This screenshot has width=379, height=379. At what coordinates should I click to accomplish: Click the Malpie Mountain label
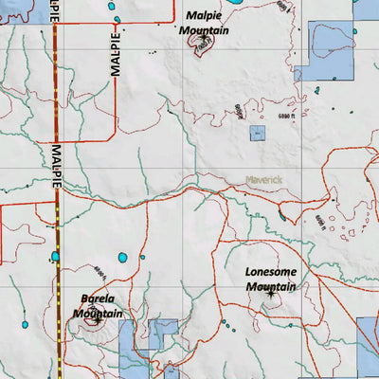coord(206,23)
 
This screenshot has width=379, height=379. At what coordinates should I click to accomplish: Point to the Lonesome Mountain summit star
coord(270,295)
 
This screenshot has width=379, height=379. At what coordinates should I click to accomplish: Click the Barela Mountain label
coord(99,305)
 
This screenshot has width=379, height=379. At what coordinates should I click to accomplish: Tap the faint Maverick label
coord(265,178)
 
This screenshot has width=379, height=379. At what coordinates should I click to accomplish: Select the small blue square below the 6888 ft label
coord(257,134)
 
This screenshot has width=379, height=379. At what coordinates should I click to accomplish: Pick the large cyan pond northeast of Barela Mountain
coord(121,258)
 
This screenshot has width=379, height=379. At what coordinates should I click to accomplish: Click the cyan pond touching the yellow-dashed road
coord(55,256)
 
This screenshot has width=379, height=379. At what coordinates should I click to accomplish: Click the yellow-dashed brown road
coord(57,218)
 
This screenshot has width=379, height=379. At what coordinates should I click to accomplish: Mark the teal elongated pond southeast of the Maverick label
coord(281,216)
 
